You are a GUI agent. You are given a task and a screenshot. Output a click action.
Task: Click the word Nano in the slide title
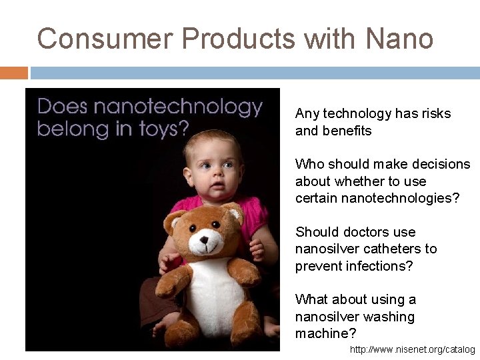(399, 39)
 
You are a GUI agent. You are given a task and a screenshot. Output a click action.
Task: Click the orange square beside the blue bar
(14, 73)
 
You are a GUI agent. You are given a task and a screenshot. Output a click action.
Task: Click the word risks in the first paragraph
(434, 114)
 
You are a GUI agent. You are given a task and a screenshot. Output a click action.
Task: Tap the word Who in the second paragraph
(309, 165)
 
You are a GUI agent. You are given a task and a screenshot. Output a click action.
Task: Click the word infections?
(379, 265)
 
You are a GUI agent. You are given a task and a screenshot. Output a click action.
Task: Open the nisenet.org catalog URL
(412, 349)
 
